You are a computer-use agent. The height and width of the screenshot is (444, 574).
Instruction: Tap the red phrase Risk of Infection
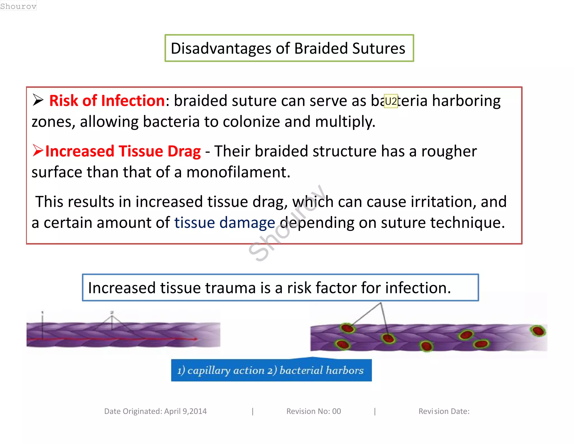point(107,100)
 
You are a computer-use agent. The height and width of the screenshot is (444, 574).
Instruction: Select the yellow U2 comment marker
point(391,101)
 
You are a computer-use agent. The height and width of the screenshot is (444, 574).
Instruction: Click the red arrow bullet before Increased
point(38,150)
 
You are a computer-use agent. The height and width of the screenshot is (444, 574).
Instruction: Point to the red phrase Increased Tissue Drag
point(123,151)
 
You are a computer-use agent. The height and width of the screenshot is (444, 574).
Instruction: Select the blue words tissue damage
point(224,223)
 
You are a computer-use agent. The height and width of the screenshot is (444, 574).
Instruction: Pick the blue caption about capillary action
point(271,370)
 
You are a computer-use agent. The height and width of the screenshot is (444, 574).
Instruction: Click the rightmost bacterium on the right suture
point(538,331)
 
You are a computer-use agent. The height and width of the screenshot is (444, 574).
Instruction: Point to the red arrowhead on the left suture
point(195,339)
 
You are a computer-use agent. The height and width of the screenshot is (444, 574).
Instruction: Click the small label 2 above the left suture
point(112,312)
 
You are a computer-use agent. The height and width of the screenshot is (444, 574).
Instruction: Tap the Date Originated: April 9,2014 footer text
point(155,411)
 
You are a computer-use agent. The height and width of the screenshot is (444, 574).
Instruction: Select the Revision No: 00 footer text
point(313,411)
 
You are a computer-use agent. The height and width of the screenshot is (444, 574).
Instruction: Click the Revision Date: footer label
point(444,411)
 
